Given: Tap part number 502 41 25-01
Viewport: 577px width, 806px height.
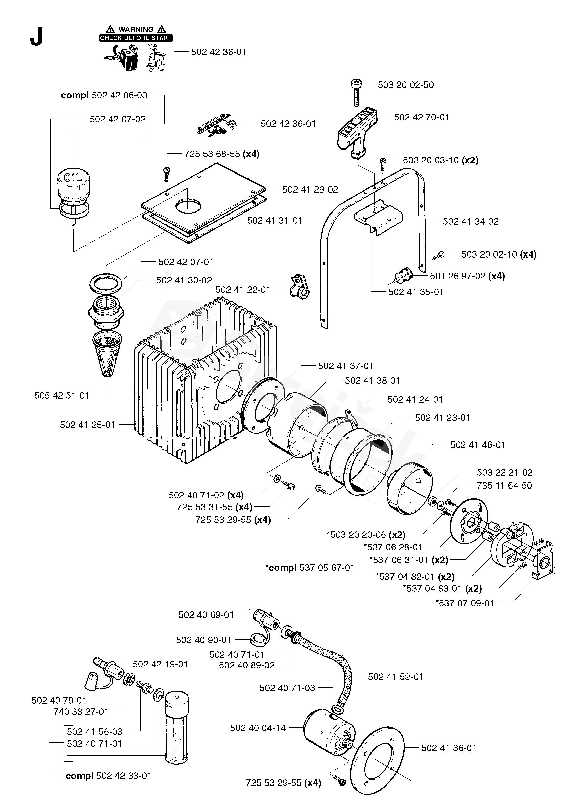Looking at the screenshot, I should coord(87,425).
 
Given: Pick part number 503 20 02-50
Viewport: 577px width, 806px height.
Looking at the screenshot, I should coord(406,85).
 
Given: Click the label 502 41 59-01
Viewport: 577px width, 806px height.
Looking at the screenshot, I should coord(396,677).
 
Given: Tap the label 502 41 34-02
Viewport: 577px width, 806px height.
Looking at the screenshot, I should coord(470,222).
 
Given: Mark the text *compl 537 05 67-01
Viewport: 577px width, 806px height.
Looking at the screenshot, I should coord(310,568).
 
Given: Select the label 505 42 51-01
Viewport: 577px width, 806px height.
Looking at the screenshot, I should coord(62,396).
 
